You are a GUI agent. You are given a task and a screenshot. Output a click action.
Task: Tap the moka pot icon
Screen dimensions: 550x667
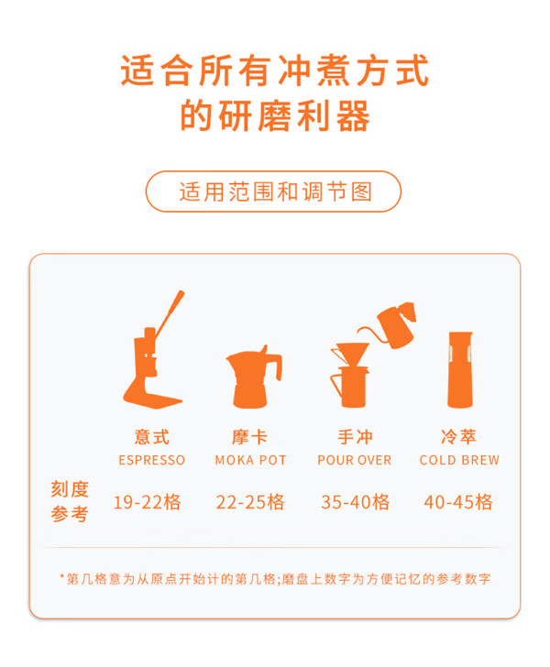point(254,377)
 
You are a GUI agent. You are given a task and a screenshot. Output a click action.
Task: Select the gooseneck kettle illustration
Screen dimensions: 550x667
point(389,325)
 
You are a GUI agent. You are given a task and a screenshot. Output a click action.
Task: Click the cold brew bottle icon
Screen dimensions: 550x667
point(460,369)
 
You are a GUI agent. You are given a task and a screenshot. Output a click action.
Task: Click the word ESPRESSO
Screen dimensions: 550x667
point(151,460)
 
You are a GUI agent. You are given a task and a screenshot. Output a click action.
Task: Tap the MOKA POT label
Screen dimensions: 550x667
point(251,460)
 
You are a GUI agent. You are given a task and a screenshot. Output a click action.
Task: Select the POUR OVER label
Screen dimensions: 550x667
point(354,460)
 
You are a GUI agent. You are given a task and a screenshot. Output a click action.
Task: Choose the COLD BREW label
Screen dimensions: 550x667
point(459,460)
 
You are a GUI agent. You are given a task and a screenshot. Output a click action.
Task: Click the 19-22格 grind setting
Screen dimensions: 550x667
point(148,502)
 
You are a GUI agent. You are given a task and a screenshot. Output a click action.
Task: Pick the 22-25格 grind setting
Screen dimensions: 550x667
point(250,502)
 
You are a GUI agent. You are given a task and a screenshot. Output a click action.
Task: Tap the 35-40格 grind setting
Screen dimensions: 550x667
point(356,502)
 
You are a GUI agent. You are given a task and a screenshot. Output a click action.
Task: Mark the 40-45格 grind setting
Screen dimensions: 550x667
point(458,502)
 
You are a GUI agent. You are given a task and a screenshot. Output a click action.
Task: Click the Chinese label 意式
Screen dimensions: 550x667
point(152,437)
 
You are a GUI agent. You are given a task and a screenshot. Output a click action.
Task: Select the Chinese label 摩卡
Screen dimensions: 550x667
point(250,437)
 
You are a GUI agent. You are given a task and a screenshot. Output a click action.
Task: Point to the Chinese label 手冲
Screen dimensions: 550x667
point(355,437)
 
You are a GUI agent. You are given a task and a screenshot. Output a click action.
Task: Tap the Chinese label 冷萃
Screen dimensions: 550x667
point(459,437)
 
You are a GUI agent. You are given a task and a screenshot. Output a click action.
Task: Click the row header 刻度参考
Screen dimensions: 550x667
point(70,501)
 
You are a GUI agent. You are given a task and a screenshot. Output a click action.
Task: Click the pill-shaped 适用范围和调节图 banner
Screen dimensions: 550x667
point(273,191)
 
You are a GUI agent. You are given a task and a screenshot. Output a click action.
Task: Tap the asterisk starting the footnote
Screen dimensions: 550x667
point(62,576)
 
